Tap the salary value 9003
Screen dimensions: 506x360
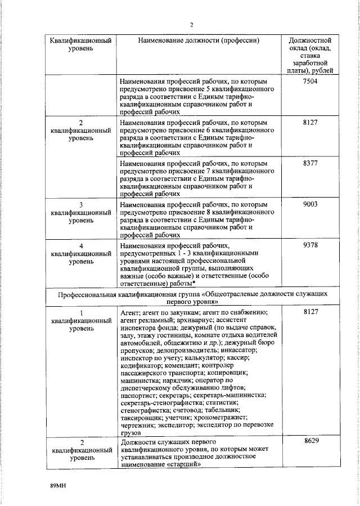tap(310, 205)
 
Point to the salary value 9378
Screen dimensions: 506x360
tap(310, 246)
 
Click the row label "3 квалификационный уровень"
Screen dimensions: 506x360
tap(80, 213)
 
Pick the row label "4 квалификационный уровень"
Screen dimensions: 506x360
tap(80, 254)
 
